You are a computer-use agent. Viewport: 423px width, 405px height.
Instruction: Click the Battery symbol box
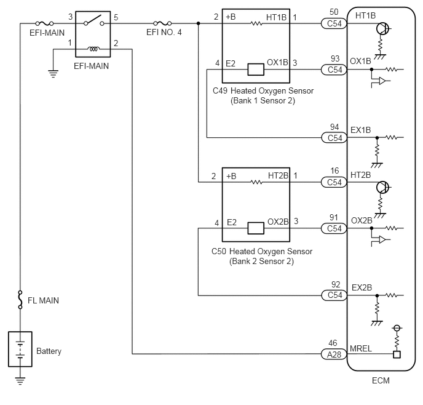(20, 349)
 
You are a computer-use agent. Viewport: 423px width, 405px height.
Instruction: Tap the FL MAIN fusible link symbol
(20, 300)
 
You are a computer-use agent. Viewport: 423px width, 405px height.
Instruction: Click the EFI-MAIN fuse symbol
(44, 23)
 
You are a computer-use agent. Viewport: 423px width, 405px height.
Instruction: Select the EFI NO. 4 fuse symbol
(162, 23)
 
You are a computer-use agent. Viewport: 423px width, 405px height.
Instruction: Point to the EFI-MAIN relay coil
(93, 49)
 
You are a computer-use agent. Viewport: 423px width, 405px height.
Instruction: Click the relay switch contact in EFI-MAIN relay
(93, 21)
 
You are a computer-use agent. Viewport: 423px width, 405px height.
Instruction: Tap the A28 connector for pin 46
(334, 354)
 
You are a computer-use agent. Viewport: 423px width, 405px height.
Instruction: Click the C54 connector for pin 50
(334, 23)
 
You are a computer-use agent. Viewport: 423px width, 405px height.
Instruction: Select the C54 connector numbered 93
(334, 70)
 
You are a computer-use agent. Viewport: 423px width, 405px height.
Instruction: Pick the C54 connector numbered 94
(334, 138)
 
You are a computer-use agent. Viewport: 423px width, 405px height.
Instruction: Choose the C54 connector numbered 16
(334, 182)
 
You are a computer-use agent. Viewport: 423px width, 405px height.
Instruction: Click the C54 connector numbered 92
(334, 295)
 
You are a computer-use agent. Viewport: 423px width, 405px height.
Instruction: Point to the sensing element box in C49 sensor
(256, 70)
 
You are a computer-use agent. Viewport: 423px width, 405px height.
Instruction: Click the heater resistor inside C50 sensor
(256, 182)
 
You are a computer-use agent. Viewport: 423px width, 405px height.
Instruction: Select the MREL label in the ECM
(361, 348)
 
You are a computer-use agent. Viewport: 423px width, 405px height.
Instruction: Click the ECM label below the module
(381, 380)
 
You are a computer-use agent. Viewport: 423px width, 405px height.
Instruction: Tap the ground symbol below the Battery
(20, 380)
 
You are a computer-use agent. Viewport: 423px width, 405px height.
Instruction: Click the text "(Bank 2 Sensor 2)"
(261, 262)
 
